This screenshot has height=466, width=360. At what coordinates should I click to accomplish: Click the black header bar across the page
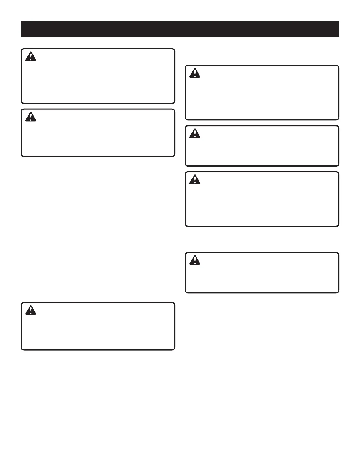point(180,29)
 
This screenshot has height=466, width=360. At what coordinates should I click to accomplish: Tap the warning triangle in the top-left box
point(31,56)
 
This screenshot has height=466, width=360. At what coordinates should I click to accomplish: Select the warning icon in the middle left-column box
point(31,117)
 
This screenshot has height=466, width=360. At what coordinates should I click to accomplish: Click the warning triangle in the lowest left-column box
point(31,310)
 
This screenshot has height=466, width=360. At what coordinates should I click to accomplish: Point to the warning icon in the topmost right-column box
point(195,73)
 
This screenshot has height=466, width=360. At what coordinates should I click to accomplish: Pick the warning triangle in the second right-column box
point(195,134)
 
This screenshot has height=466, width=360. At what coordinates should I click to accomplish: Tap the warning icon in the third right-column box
point(195,179)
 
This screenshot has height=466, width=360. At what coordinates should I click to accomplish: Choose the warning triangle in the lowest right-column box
point(195,260)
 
